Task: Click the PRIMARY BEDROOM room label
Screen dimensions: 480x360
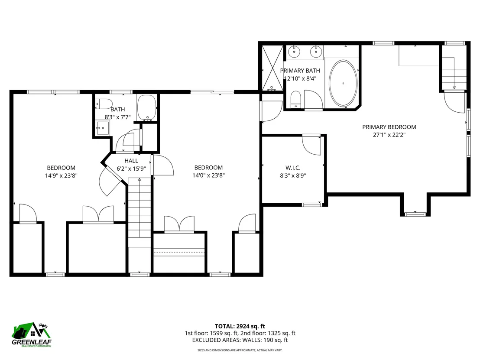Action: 389,127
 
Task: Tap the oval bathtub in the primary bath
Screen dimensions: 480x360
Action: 343,83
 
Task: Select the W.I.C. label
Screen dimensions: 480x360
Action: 293,168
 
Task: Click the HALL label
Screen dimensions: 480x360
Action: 131,161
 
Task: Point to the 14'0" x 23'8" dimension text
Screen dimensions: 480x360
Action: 208,175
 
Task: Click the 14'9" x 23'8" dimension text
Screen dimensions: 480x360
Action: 61,176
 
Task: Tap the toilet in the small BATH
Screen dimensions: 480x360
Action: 104,104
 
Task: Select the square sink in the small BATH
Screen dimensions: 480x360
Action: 102,128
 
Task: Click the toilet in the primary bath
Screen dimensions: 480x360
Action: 296,100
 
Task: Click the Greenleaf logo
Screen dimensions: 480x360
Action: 32,335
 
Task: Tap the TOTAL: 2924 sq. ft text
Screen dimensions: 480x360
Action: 240,326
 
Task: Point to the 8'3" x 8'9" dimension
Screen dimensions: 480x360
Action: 293,176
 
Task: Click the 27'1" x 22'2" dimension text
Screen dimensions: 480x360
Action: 389,135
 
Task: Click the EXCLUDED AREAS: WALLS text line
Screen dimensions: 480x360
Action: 240,340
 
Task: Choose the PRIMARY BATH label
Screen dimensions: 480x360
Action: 300,71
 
